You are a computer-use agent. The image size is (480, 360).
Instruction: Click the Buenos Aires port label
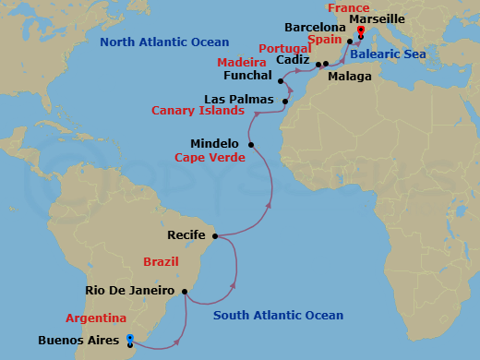78,340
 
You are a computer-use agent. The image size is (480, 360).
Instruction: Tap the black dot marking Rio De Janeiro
186,293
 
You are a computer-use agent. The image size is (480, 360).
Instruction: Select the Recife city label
187,235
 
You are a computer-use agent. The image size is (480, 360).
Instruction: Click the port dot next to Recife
215,236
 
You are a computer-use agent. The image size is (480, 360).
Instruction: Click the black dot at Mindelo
250,144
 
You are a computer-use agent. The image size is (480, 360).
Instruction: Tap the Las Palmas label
241,98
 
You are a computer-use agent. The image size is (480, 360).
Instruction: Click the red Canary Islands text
198,111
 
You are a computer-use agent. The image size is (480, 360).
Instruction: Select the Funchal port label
248,75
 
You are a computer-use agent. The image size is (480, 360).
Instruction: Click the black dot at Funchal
280,81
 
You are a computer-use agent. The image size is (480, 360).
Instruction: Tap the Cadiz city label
293,60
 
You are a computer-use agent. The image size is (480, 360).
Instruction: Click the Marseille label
398,18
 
